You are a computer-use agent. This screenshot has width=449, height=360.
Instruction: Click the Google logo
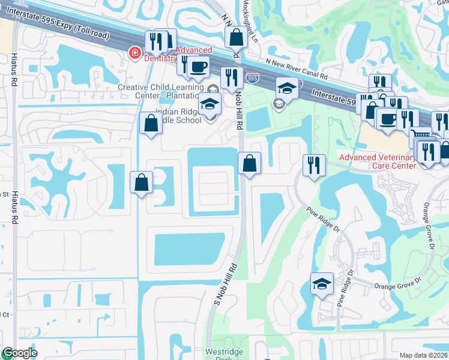coord(20,353)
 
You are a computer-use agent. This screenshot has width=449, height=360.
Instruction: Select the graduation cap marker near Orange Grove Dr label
coord(322,283)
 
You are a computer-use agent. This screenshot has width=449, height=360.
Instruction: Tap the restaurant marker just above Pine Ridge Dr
coord(314,164)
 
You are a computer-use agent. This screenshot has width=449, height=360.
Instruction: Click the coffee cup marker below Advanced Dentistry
coord(199,67)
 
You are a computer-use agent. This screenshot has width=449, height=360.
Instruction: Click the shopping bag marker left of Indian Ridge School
coord(151,123)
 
